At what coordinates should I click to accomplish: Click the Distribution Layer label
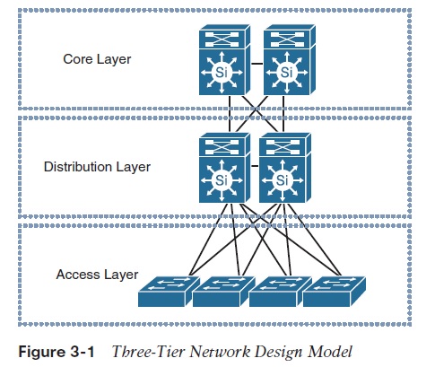coord(97,167)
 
